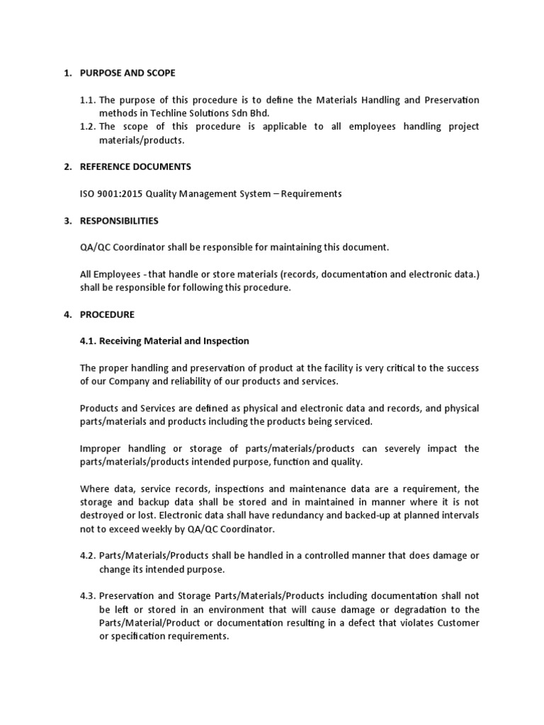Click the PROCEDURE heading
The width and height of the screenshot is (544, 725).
click(x=107, y=314)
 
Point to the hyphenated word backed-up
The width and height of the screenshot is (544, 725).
click(x=348, y=515)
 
